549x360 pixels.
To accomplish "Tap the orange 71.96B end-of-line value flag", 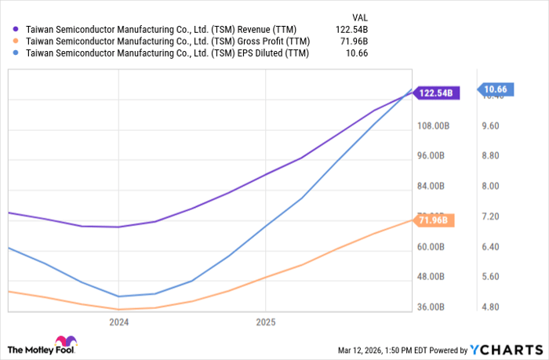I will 433,220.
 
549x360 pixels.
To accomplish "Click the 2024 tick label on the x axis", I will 118,322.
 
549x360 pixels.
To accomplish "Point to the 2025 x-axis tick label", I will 266,322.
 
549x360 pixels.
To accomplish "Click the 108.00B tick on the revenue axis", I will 432,125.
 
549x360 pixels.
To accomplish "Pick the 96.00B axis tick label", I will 432,156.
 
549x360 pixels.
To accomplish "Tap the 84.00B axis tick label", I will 432,186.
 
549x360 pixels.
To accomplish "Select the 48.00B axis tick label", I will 432,277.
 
